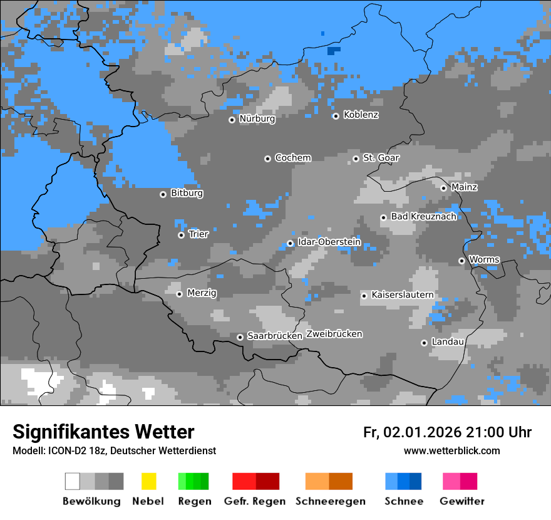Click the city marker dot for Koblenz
coord(336,116)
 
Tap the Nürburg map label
coord(257,119)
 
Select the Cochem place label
coord(293,158)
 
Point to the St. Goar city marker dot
coord(356,159)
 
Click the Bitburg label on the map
coord(187,194)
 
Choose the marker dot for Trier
coord(181,235)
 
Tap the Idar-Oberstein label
coord(329,242)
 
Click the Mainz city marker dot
coord(443,188)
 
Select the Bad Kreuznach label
coord(423,217)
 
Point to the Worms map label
coord(484,260)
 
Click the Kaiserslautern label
coord(402,295)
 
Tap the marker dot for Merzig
coord(179,294)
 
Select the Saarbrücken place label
coord(275,336)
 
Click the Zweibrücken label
coord(334,335)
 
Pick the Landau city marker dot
coord(424,343)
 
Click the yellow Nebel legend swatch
coord(148,481)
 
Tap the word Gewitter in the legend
coord(462,501)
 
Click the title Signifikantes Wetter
coord(103,432)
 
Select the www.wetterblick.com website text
coord(451,451)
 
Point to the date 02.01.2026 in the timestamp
coord(422,432)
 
